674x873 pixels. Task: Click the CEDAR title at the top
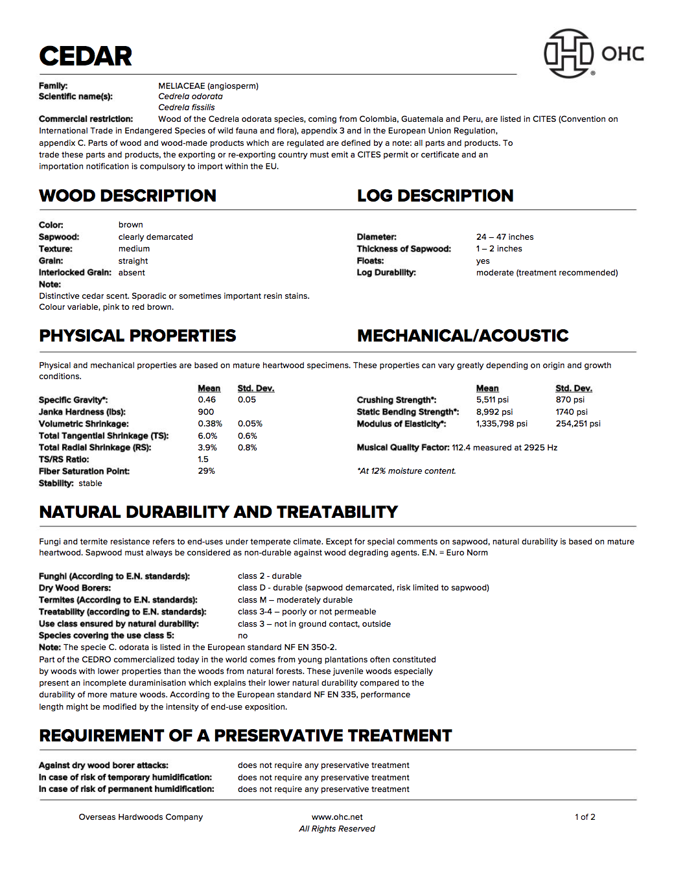click(x=86, y=56)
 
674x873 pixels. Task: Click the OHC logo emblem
click(x=568, y=53)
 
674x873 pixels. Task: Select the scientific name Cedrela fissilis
click(x=186, y=108)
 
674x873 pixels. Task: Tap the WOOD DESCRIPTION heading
click(x=128, y=196)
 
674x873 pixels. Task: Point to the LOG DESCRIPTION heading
click(x=435, y=196)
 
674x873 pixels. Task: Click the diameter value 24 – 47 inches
click(x=504, y=237)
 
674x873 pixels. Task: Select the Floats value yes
click(x=483, y=261)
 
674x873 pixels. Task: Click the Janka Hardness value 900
click(x=205, y=412)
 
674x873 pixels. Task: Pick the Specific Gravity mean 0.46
click(x=207, y=400)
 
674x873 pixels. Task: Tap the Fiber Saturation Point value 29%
click(x=206, y=471)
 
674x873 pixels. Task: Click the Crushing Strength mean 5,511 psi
click(x=492, y=400)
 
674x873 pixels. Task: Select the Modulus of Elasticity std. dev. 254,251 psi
click(x=577, y=424)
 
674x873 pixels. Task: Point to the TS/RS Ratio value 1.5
click(x=203, y=460)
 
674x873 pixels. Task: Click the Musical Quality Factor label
click(x=402, y=448)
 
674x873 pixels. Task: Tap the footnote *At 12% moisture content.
click(x=406, y=471)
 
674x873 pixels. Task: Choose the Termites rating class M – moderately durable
click(x=295, y=600)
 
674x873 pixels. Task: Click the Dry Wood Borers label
click(x=75, y=588)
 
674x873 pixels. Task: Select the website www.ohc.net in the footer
click(x=337, y=817)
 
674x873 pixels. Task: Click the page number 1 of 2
click(x=585, y=817)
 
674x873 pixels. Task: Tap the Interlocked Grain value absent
click(x=132, y=273)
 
